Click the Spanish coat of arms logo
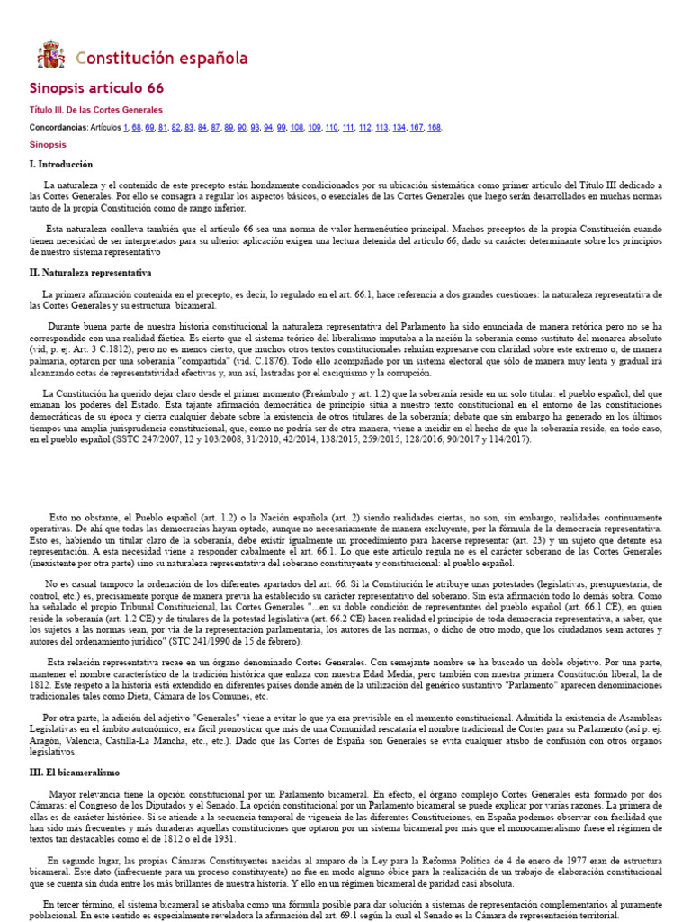pyautogui.click(x=50, y=56)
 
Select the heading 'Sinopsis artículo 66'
pyautogui.click(x=97, y=88)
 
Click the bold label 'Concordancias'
pyautogui.click(x=58, y=127)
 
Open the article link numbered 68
pyautogui.click(x=137, y=127)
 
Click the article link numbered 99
pyautogui.click(x=281, y=127)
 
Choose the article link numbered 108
pyautogui.click(x=297, y=127)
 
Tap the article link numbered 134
pyautogui.click(x=399, y=127)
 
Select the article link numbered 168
pyautogui.click(x=434, y=127)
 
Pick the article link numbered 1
pyautogui.click(x=126, y=127)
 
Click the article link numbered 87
pyautogui.click(x=215, y=127)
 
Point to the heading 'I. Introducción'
pyautogui.click(x=61, y=165)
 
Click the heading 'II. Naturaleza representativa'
pyautogui.click(x=90, y=272)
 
